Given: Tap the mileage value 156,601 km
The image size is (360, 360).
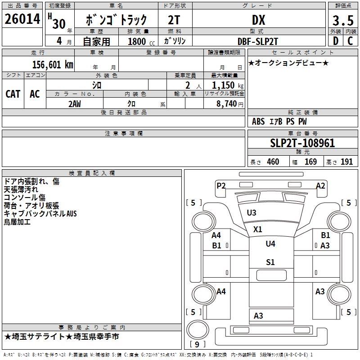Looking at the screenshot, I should tap(53, 65).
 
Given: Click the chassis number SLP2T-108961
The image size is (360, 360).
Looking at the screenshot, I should tap(302, 144).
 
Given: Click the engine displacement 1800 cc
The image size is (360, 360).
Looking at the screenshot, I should tap(138, 41).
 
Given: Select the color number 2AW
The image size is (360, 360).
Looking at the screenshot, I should tap(75, 103).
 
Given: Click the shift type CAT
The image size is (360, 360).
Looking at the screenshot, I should tap(13, 94).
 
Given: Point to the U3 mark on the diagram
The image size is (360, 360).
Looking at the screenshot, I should tap(252, 213).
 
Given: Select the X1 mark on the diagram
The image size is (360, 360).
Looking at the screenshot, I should tap(257, 229).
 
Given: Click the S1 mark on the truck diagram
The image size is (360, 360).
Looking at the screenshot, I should tap(270, 262).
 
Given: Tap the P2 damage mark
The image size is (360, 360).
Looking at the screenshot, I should tap(221, 185).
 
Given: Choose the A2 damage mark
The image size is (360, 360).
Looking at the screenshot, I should tap(320, 185).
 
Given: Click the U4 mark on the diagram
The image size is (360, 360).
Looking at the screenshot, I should tap(270, 244).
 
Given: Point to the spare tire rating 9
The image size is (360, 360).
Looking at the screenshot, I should tap(197, 345).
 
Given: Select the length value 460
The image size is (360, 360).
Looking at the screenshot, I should tap(273, 162).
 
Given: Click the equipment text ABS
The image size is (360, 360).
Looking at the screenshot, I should tap(258, 121).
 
